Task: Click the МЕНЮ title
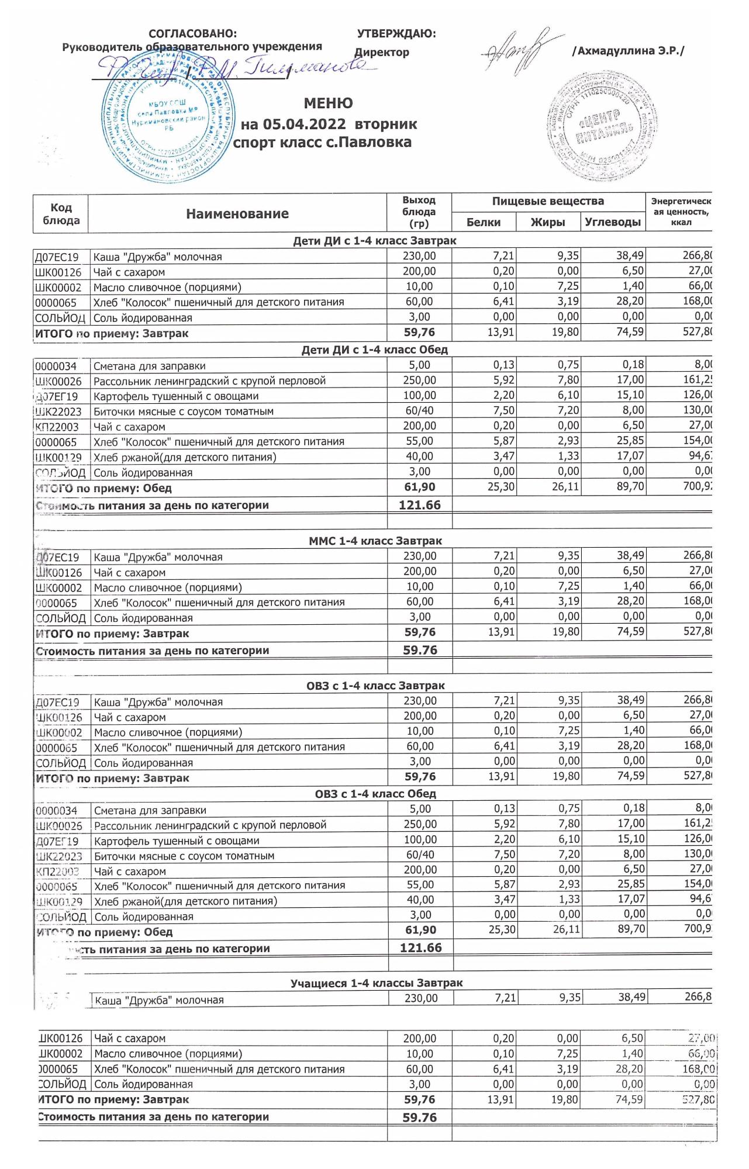[x=328, y=103]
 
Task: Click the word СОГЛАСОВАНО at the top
[x=193, y=34]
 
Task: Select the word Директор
[x=382, y=53]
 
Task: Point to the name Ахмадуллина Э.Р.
[x=628, y=51]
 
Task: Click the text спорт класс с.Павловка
[x=322, y=142]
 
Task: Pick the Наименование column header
[x=237, y=214]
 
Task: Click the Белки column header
[x=484, y=222]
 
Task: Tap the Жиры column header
[x=548, y=222]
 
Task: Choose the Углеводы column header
[x=613, y=222]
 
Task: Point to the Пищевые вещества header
[x=548, y=202]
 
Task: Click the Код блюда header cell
[x=61, y=214]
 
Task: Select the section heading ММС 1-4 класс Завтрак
[x=375, y=541]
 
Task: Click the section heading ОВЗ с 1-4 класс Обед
[x=375, y=794]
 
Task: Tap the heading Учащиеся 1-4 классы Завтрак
[x=377, y=983]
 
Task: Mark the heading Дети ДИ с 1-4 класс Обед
[x=374, y=350]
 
